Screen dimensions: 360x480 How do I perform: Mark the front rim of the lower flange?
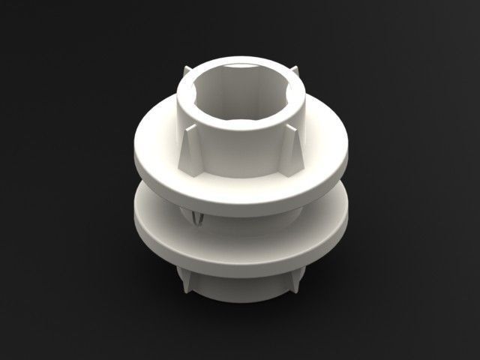click(x=240, y=262)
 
